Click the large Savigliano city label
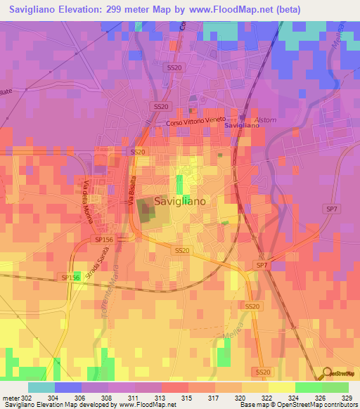coord(179,201)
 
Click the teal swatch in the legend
coord(41,387)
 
